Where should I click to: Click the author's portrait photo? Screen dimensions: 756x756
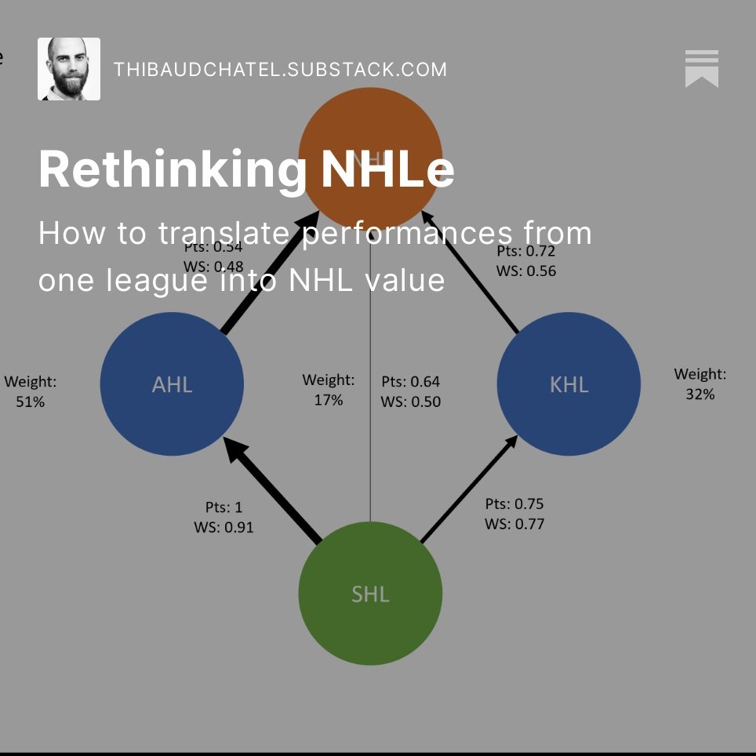(69, 69)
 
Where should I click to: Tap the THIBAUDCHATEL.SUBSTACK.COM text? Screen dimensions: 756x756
(280, 69)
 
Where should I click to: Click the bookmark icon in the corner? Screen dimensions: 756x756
(701, 68)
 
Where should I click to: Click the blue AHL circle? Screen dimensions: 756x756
(172, 384)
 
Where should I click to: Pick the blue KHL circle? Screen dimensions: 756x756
(569, 384)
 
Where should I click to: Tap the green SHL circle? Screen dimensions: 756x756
(370, 594)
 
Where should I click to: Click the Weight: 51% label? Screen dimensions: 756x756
(31, 391)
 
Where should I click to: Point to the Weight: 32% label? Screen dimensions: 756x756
(700, 384)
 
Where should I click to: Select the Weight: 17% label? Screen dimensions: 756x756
(329, 390)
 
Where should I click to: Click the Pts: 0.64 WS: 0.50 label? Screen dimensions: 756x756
(411, 391)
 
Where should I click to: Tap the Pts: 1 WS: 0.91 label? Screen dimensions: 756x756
(224, 518)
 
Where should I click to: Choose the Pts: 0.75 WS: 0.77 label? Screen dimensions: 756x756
(514, 514)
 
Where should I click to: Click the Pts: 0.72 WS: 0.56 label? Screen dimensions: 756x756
(526, 261)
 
